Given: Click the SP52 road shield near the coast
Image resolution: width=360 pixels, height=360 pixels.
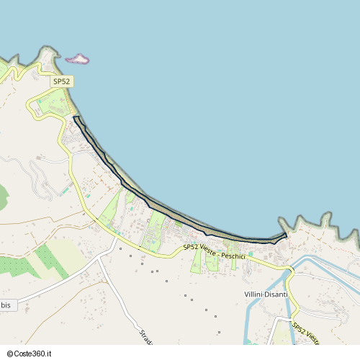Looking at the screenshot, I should [61, 82].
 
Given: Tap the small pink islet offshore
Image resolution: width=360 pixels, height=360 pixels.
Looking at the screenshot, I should [78, 58].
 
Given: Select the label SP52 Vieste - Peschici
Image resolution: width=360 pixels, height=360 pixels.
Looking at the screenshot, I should [215, 251].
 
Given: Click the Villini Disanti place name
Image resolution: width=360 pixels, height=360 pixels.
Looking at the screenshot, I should [266, 294].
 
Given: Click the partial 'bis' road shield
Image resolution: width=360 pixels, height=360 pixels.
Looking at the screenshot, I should [6, 305].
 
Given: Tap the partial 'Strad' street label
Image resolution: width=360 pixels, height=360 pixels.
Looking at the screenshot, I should [144, 336].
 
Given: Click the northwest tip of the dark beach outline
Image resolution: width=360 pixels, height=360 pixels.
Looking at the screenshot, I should [75, 117].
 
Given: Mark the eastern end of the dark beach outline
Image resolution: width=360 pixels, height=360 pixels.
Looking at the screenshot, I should [286, 235].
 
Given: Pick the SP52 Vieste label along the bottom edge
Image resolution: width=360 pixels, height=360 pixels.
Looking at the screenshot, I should [307, 333].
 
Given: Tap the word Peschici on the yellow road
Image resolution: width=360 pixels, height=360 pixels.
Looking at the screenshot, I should [233, 256].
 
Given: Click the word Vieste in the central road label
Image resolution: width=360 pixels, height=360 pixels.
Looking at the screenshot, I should [208, 249].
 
